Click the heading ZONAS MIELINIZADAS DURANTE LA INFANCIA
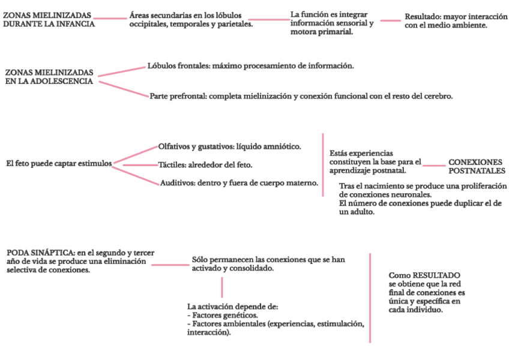coord(49,19)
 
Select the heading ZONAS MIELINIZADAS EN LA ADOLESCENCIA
coord(49,77)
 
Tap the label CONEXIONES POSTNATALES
coord(477,166)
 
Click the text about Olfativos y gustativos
coord(229,146)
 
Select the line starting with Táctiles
coord(205,164)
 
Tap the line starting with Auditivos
coord(238,183)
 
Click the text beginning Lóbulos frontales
coord(250,65)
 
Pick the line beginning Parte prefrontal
coord(301,96)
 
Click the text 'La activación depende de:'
coord(232,307)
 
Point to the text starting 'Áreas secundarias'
coord(191,19)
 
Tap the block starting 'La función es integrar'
coord(331,23)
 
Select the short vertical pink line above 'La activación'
coord(221,288)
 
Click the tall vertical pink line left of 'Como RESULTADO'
coord(370,298)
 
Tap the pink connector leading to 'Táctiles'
coord(140,164)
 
